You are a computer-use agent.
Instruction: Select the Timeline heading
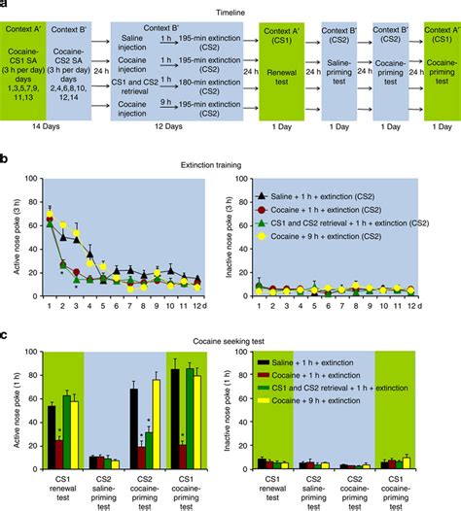pyautogui.click(x=230, y=9)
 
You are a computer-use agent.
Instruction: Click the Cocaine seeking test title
pyautogui.click(x=230, y=335)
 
